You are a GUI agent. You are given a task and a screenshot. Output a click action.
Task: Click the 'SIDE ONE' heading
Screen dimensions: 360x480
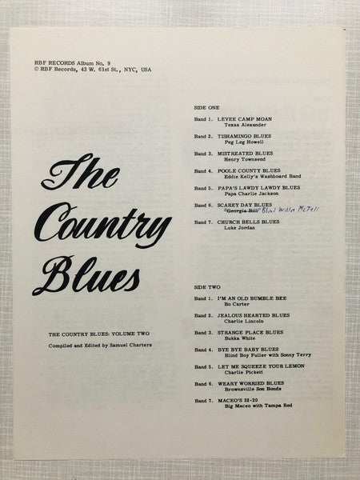click(x=208, y=106)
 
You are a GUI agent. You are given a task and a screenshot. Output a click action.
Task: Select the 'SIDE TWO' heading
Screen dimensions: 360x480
click(x=208, y=286)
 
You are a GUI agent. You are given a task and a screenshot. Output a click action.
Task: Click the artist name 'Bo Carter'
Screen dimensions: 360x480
click(x=231, y=304)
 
